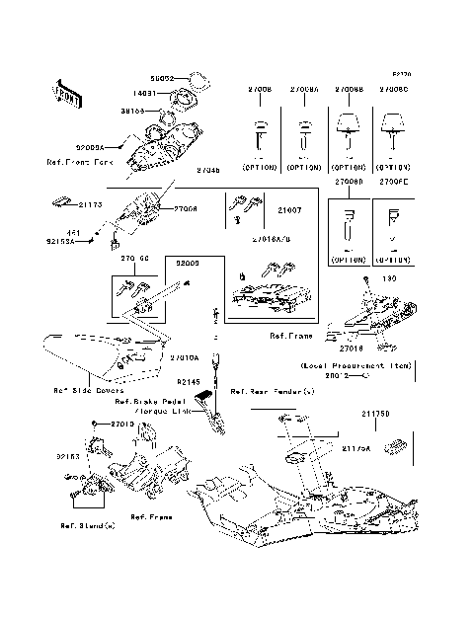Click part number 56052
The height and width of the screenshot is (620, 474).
point(163,76)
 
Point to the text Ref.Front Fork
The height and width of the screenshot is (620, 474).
point(82,161)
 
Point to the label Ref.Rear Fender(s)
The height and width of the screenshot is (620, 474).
point(273,392)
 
